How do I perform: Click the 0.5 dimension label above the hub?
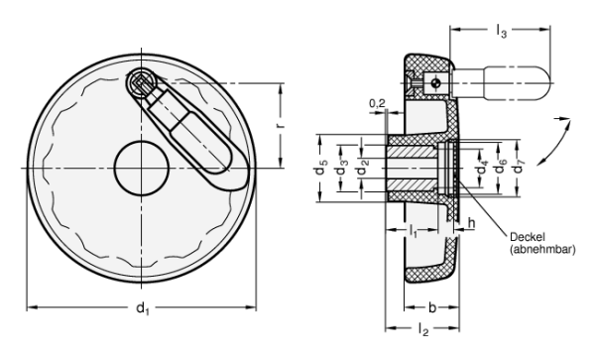[371, 103]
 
